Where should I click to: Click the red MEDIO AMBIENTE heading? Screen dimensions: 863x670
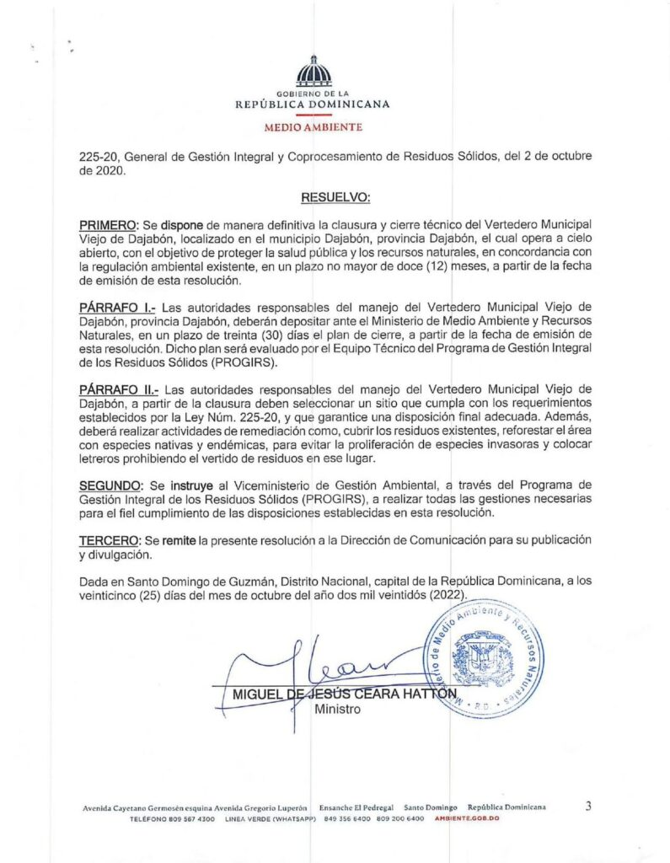[x=314, y=127]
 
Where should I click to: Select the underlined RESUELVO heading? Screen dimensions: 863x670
[x=335, y=197]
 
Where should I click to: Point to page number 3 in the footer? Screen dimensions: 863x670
[x=588, y=807]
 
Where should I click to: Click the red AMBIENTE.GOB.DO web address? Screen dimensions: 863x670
[x=464, y=819]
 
